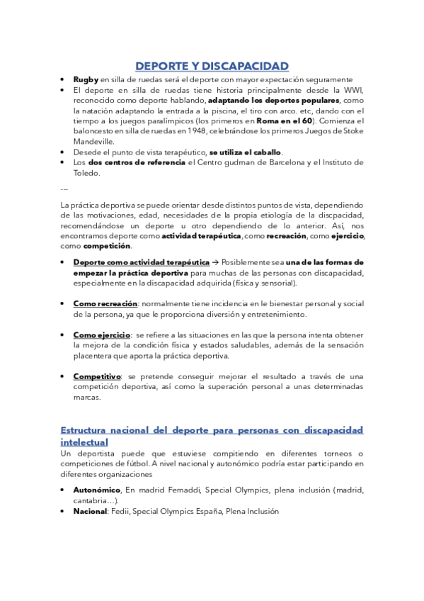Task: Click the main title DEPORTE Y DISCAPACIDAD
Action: coord(212,67)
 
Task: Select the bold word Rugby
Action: coord(86,79)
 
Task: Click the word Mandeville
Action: coord(93,141)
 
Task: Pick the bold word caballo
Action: coord(266,152)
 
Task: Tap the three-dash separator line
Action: coord(64,189)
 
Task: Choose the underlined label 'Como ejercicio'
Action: coord(102,335)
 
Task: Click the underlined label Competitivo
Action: coord(97,376)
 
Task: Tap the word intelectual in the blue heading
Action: coord(88,442)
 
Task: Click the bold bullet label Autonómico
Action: coord(97,490)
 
